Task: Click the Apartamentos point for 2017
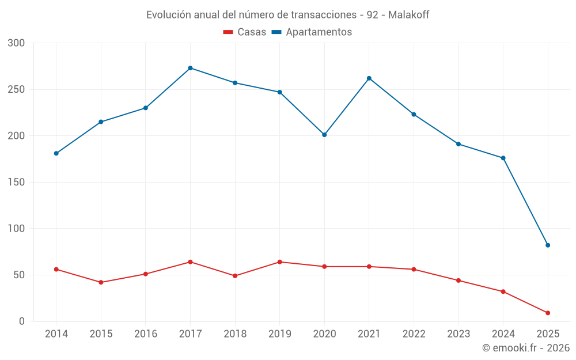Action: click(190, 68)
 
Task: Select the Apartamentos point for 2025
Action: click(548, 245)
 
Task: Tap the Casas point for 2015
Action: click(101, 282)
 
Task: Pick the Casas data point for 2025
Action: click(548, 313)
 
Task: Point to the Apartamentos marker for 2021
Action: click(369, 78)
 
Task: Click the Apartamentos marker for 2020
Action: click(324, 135)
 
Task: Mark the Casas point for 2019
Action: click(280, 262)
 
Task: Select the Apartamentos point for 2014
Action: click(56, 153)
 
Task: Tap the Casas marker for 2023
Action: click(458, 281)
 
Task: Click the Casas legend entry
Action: click(245, 32)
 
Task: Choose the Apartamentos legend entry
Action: click(312, 32)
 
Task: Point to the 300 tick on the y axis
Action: click(17, 43)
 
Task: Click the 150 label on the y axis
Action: click(17, 182)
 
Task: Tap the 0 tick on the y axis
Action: click(22, 321)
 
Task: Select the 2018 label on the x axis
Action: click(235, 334)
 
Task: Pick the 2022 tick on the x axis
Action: click(414, 334)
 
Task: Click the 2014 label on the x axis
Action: click(56, 334)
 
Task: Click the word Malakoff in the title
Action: click(408, 15)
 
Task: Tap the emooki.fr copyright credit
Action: click(526, 348)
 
